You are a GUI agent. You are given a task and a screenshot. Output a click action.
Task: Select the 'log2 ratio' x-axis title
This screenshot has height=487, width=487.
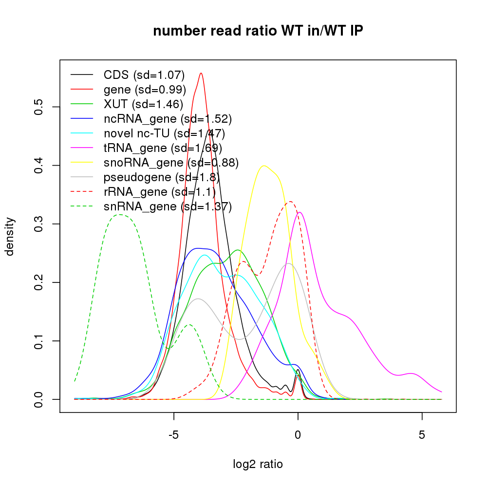click(258, 464)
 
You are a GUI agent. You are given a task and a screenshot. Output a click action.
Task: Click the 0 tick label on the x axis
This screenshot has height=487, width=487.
click(298, 434)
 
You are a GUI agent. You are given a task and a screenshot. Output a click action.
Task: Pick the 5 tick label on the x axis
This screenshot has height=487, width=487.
click(422, 434)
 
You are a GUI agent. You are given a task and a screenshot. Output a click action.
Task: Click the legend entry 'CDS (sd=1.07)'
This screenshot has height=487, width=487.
click(144, 75)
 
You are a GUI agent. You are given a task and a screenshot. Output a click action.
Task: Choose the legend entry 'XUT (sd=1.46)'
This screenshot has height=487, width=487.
click(143, 104)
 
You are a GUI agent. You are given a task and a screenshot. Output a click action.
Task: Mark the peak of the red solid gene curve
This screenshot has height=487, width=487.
click(201, 73)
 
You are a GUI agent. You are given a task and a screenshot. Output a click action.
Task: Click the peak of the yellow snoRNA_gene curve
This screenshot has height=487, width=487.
click(263, 166)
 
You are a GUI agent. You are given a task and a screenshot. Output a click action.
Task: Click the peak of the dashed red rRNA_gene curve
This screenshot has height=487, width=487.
click(290, 202)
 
